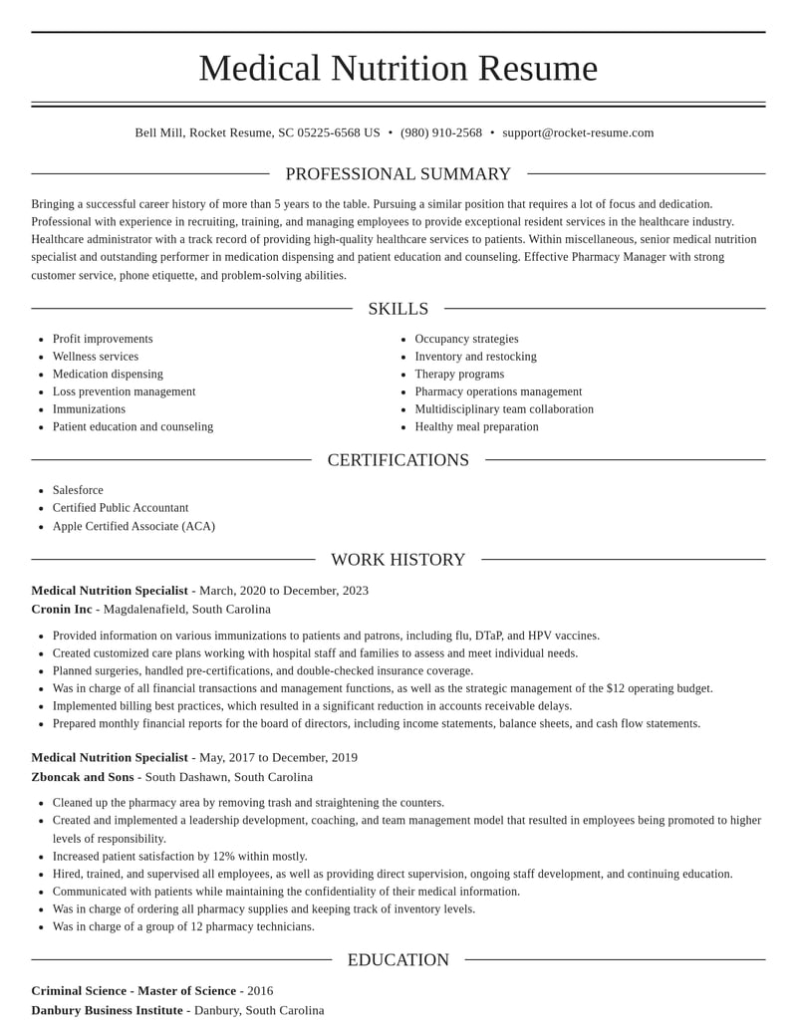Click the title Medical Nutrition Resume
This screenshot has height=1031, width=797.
(x=398, y=68)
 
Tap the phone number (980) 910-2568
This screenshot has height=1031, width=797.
(x=441, y=132)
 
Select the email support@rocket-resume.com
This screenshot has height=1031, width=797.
(x=578, y=132)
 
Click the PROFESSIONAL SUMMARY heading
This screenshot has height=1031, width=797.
(x=398, y=174)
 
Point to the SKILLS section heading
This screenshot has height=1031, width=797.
(x=398, y=309)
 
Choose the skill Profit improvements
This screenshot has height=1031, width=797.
(x=103, y=339)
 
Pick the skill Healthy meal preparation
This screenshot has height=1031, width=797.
(x=476, y=426)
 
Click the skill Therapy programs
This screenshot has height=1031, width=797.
(x=459, y=374)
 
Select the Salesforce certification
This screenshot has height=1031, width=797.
(x=78, y=490)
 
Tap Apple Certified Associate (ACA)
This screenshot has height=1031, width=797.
(x=133, y=526)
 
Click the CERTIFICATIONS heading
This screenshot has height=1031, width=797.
(x=398, y=460)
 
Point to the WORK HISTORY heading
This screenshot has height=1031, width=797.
(x=398, y=560)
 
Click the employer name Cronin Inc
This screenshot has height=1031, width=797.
(x=62, y=609)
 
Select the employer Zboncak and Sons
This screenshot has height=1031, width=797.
(x=83, y=777)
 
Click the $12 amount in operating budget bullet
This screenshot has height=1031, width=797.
(x=616, y=688)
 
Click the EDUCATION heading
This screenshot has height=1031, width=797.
(x=398, y=960)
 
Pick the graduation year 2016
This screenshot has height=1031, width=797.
(x=260, y=990)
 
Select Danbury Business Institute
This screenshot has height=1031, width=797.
(x=107, y=1010)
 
